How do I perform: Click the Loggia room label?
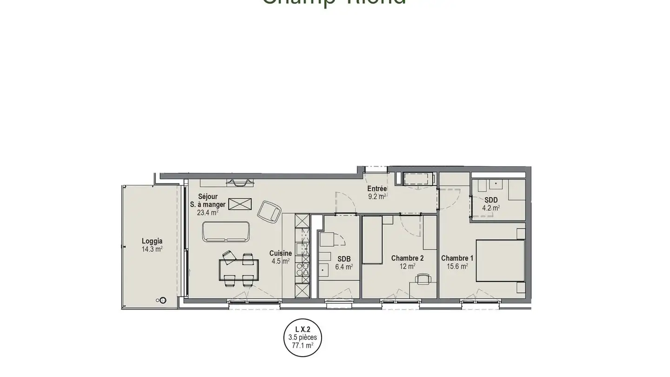(x=152, y=241)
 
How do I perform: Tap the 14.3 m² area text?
(x=152, y=249)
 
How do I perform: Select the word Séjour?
(x=208, y=196)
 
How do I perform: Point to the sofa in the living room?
(x=226, y=232)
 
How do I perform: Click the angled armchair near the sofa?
(x=269, y=212)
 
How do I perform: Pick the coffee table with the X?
(x=240, y=204)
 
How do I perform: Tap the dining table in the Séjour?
(x=239, y=270)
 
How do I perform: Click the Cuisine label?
(x=281, y=254)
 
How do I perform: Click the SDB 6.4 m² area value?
(x=344, y=267)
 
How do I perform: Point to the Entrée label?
(x=377, y=188)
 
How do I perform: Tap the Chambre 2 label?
(x=407, y=258)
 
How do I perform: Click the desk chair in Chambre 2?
(x=422, y=279)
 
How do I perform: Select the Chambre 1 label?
(x=457, y=258)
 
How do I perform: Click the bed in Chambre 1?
(x=500, y=261)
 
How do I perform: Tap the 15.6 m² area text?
(x=457, y=266)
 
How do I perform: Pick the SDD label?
(x=491, y=200)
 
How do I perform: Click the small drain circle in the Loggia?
(x=162, y=300)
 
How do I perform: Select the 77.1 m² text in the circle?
(x=302, y=346)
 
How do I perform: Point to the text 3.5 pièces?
(x=302, y=337)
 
